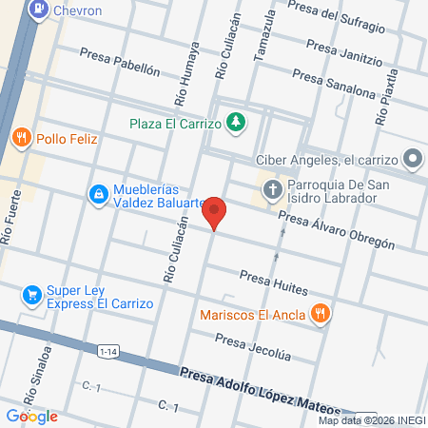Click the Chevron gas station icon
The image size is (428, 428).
pyautogui.click(x=39, y=10)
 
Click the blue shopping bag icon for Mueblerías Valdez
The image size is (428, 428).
pyautogui.click(x=97, y=194)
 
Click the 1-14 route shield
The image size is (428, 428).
pyautogui.click(x=108, y=351)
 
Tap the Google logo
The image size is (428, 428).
pyautogui.click(x=31, y=416)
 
